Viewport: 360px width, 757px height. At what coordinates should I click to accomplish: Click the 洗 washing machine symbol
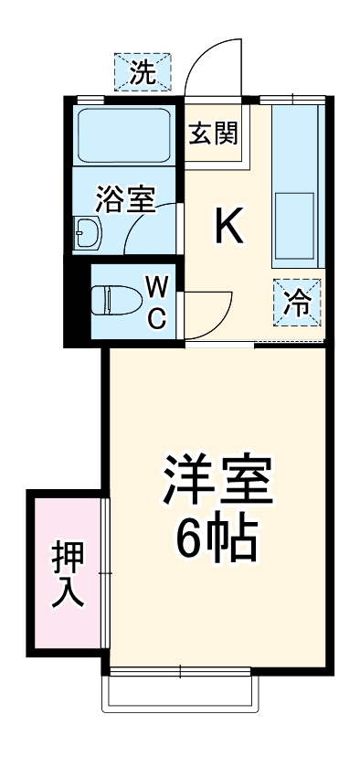142,70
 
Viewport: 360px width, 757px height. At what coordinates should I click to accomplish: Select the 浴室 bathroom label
124,197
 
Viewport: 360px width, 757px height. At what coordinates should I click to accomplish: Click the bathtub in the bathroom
126,134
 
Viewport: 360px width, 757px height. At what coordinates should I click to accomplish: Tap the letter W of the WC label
157,288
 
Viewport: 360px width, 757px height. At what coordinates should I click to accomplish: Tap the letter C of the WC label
157,317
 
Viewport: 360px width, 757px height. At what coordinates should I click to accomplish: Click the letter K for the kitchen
228,228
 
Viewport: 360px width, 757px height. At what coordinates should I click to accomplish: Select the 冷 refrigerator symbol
298,301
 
